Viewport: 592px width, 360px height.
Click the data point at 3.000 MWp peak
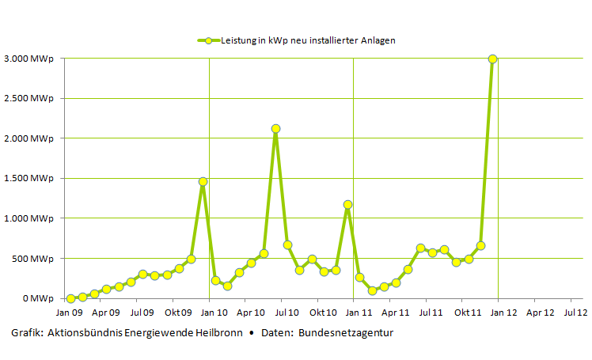(492, 59)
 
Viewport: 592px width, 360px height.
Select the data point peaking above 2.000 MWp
(275, 128)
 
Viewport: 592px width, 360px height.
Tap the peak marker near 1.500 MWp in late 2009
(203, 181)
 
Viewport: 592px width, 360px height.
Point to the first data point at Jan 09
(70, 298)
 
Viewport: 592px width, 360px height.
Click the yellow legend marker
(208, 40)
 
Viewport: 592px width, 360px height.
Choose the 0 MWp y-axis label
(36, 298)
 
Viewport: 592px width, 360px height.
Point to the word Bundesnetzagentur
(346, 333)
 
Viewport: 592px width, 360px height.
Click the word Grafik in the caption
(26, 333)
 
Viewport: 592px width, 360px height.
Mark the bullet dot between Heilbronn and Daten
(252, 333)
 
